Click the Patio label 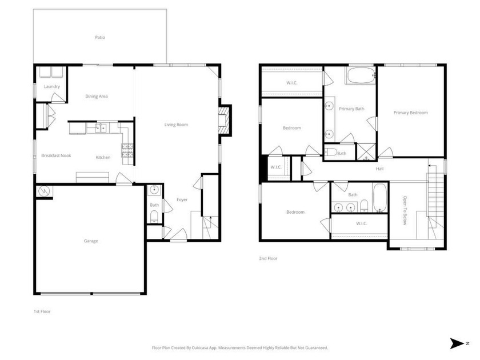(100, 38)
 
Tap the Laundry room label (52, 87)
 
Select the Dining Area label (97, 97)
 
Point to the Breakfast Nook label (56, 156)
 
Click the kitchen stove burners (126, 150)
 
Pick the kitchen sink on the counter (100, 128)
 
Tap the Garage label (91, 241)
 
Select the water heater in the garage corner (43, 191)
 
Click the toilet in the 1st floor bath (154, 216)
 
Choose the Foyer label (182, 200)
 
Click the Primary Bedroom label (410, 113)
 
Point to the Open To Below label (405, 211)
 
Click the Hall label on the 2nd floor (379, 169)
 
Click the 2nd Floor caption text (268, 259)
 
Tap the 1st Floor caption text (42, 311)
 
